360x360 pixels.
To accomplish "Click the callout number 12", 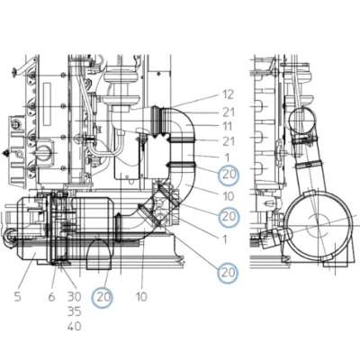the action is pos(228,94).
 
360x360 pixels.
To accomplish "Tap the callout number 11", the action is pos(228,127).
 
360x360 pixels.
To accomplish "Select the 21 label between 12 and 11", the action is pos(229,112).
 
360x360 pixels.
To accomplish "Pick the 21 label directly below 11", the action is pos(229,141).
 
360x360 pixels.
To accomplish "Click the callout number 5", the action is pos(18,297).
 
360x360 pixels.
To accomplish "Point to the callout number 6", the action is pos(51,297).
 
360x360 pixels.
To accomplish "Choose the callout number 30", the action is pos(74,297).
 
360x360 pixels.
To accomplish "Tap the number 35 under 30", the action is pos(74,311).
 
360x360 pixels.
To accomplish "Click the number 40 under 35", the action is pos(74,326).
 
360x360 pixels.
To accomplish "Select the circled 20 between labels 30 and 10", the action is pos(103,297).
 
